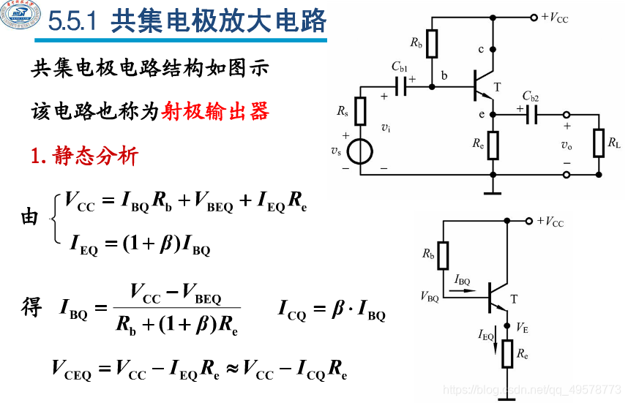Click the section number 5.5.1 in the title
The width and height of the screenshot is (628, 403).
[73, 23]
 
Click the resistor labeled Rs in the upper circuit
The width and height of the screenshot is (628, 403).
[360, 111]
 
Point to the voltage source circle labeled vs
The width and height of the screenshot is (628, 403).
[360, 151]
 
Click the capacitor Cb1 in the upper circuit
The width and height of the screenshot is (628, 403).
[401, 87]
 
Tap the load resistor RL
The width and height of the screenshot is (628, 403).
[599, 143]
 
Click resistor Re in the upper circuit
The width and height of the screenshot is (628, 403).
[493, 145]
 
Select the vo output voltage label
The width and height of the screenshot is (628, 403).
[566, 145]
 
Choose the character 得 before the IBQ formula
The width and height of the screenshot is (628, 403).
[31, 307]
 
